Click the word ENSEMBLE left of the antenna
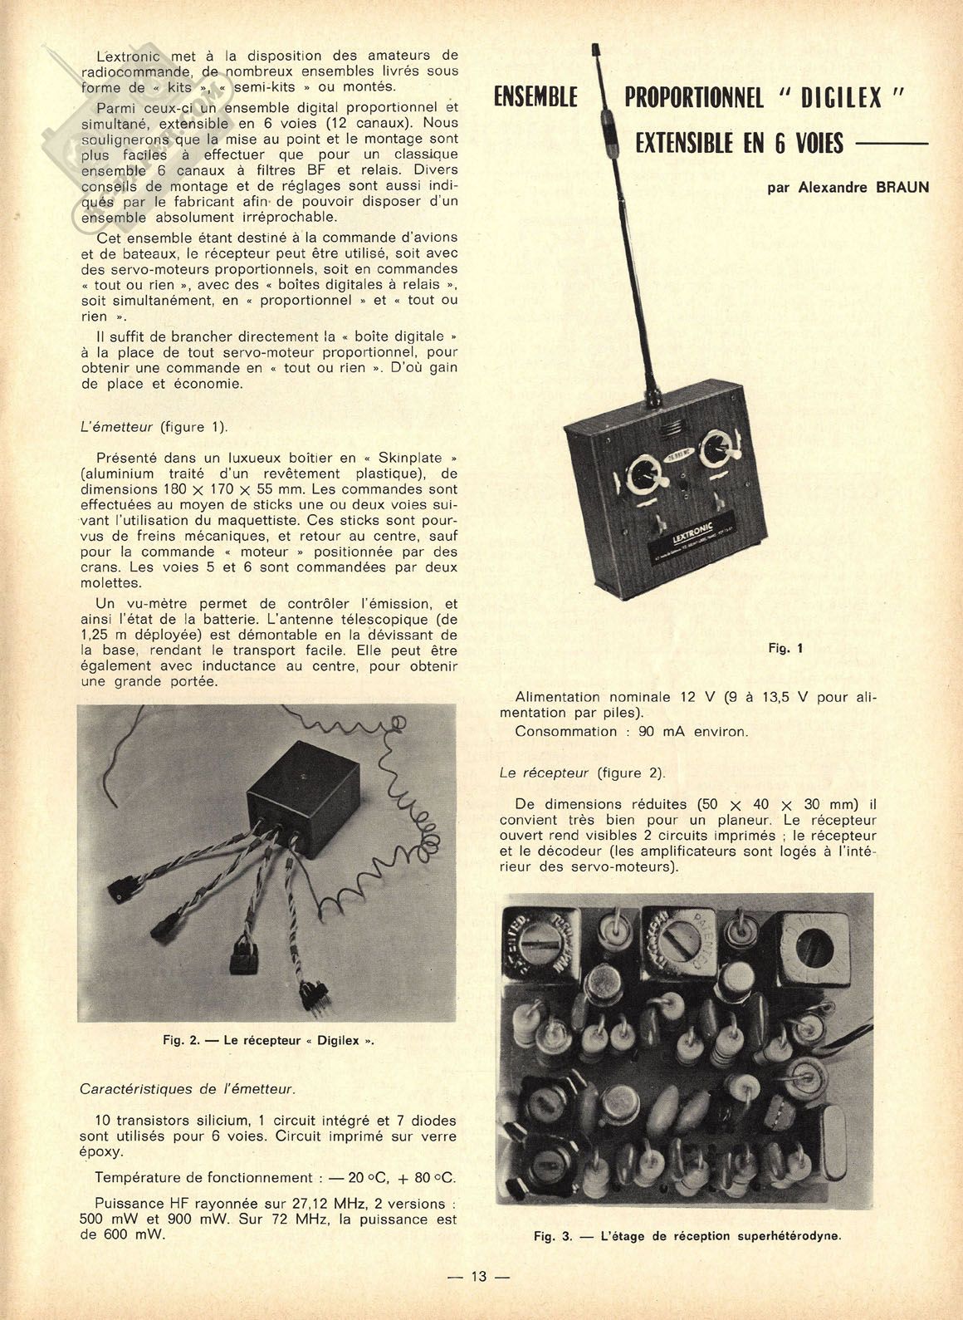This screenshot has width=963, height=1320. tap(535, 98)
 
